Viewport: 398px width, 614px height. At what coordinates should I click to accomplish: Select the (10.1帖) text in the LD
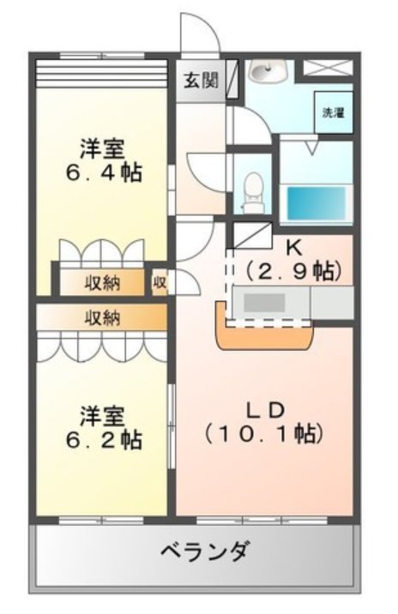coord(263,433)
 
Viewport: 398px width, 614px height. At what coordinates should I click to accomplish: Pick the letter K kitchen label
coord(293,248)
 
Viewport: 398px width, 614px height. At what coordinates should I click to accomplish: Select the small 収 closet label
coord(160,282)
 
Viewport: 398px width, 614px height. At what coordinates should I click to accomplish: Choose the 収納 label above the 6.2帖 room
coord(101,318)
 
